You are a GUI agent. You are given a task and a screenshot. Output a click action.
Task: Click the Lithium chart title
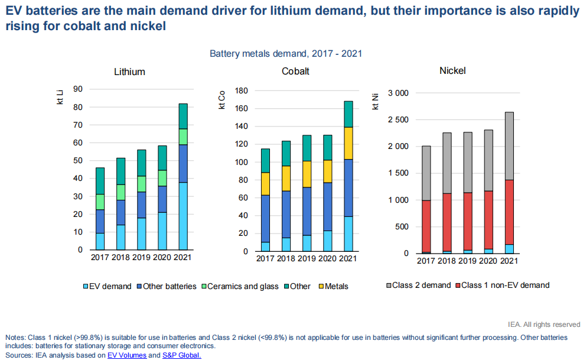(129, 72)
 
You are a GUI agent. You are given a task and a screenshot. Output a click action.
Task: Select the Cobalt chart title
(295, 72)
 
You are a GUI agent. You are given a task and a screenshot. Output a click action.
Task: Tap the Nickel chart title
(452, 70)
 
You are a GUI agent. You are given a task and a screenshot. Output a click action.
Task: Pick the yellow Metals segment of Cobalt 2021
(349, 143)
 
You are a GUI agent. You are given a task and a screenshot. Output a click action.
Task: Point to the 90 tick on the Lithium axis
(77, 89)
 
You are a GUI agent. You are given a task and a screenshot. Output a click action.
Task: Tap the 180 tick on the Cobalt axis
(240, 91)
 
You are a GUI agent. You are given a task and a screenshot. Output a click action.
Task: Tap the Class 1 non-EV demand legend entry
(504, 285)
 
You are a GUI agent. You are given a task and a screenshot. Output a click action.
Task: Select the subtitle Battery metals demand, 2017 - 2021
(286, 53)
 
